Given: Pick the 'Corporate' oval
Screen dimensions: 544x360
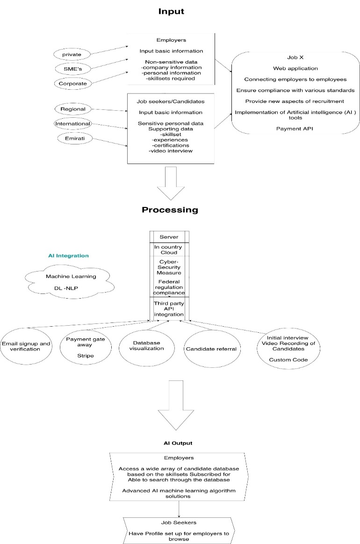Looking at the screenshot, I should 72,84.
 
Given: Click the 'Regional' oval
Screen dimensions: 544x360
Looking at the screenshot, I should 73,109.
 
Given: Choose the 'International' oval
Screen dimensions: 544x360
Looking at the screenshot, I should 73,124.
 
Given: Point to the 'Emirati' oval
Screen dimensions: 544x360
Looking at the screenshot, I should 73,138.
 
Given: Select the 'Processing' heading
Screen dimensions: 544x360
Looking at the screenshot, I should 170,210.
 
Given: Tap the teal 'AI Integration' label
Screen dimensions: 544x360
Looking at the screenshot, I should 68,256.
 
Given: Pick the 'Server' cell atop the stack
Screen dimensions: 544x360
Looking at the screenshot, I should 169,237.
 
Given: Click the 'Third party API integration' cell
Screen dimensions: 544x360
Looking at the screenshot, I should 169,309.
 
